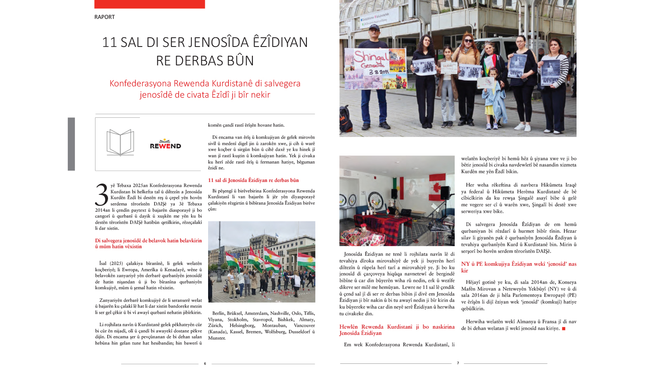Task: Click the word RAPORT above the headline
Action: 104,17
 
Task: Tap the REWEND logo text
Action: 165,145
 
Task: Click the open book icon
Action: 120,143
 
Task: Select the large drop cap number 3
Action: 102,195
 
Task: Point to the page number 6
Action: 205,363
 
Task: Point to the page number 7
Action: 458,363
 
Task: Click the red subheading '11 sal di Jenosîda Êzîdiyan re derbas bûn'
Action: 253,180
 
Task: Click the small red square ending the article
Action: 564,329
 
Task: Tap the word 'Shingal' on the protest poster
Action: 371,57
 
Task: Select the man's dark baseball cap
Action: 374,28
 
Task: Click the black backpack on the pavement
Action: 346,119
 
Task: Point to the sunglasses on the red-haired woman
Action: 468,41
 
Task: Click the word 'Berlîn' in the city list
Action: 218,313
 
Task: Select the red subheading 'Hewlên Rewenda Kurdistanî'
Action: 397,330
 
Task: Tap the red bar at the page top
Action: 149,4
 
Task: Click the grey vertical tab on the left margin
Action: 71,144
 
